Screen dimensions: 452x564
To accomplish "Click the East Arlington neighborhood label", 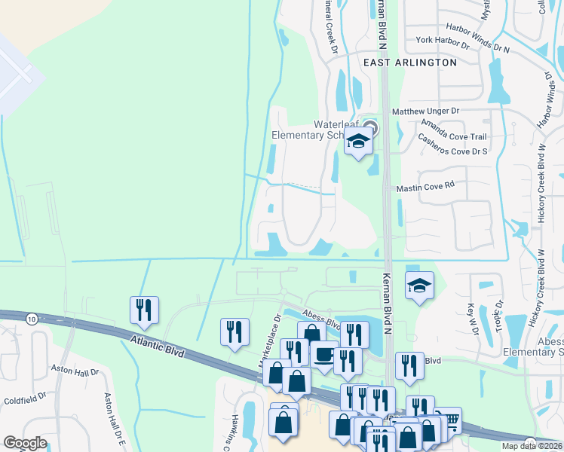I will (409, 63).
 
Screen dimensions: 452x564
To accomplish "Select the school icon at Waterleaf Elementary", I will (359, 141).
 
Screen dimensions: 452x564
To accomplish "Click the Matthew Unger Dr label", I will (425, 111).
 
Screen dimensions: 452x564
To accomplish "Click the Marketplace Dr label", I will (269, 340).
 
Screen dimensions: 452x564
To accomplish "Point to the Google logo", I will (26, 443).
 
